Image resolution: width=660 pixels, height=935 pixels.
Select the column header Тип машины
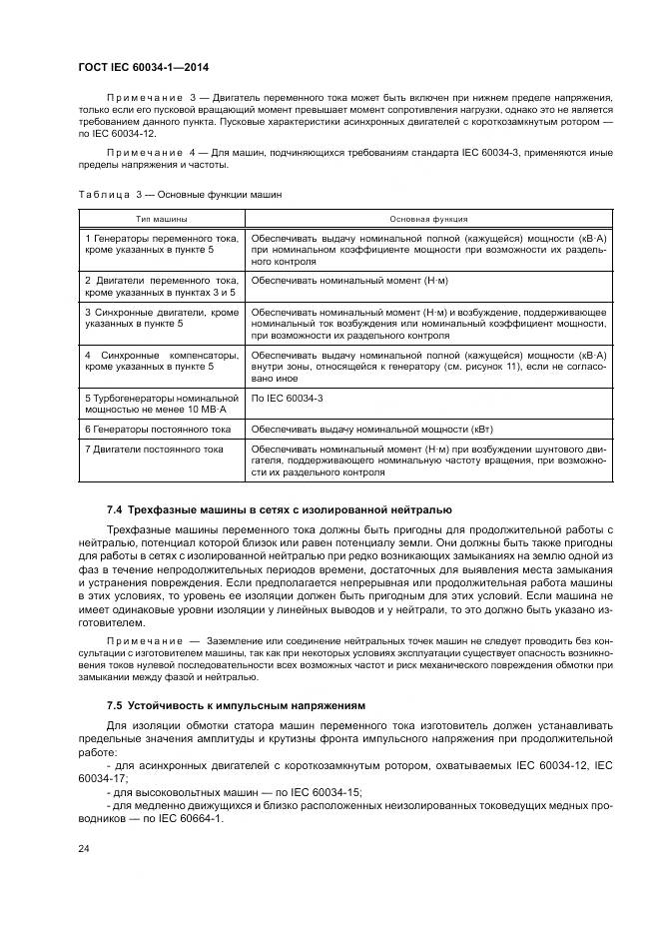click(x=162, y=217)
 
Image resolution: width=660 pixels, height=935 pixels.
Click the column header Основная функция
click(x=427, y=217)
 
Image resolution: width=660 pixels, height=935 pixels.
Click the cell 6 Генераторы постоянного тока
click(x=158, y=429)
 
